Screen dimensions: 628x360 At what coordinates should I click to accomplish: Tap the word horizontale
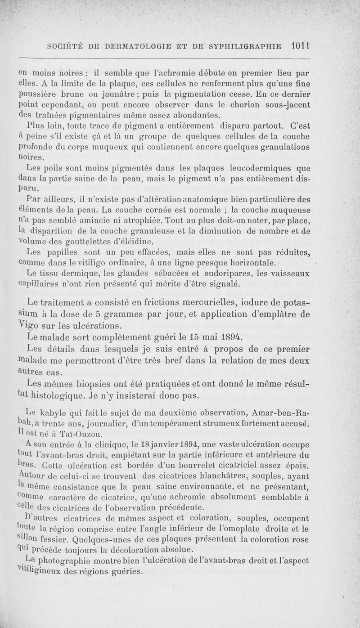pyautogui.click(x=244, y=262)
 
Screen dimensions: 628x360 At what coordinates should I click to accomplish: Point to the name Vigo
pyautogui.click(x=29, y=324)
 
